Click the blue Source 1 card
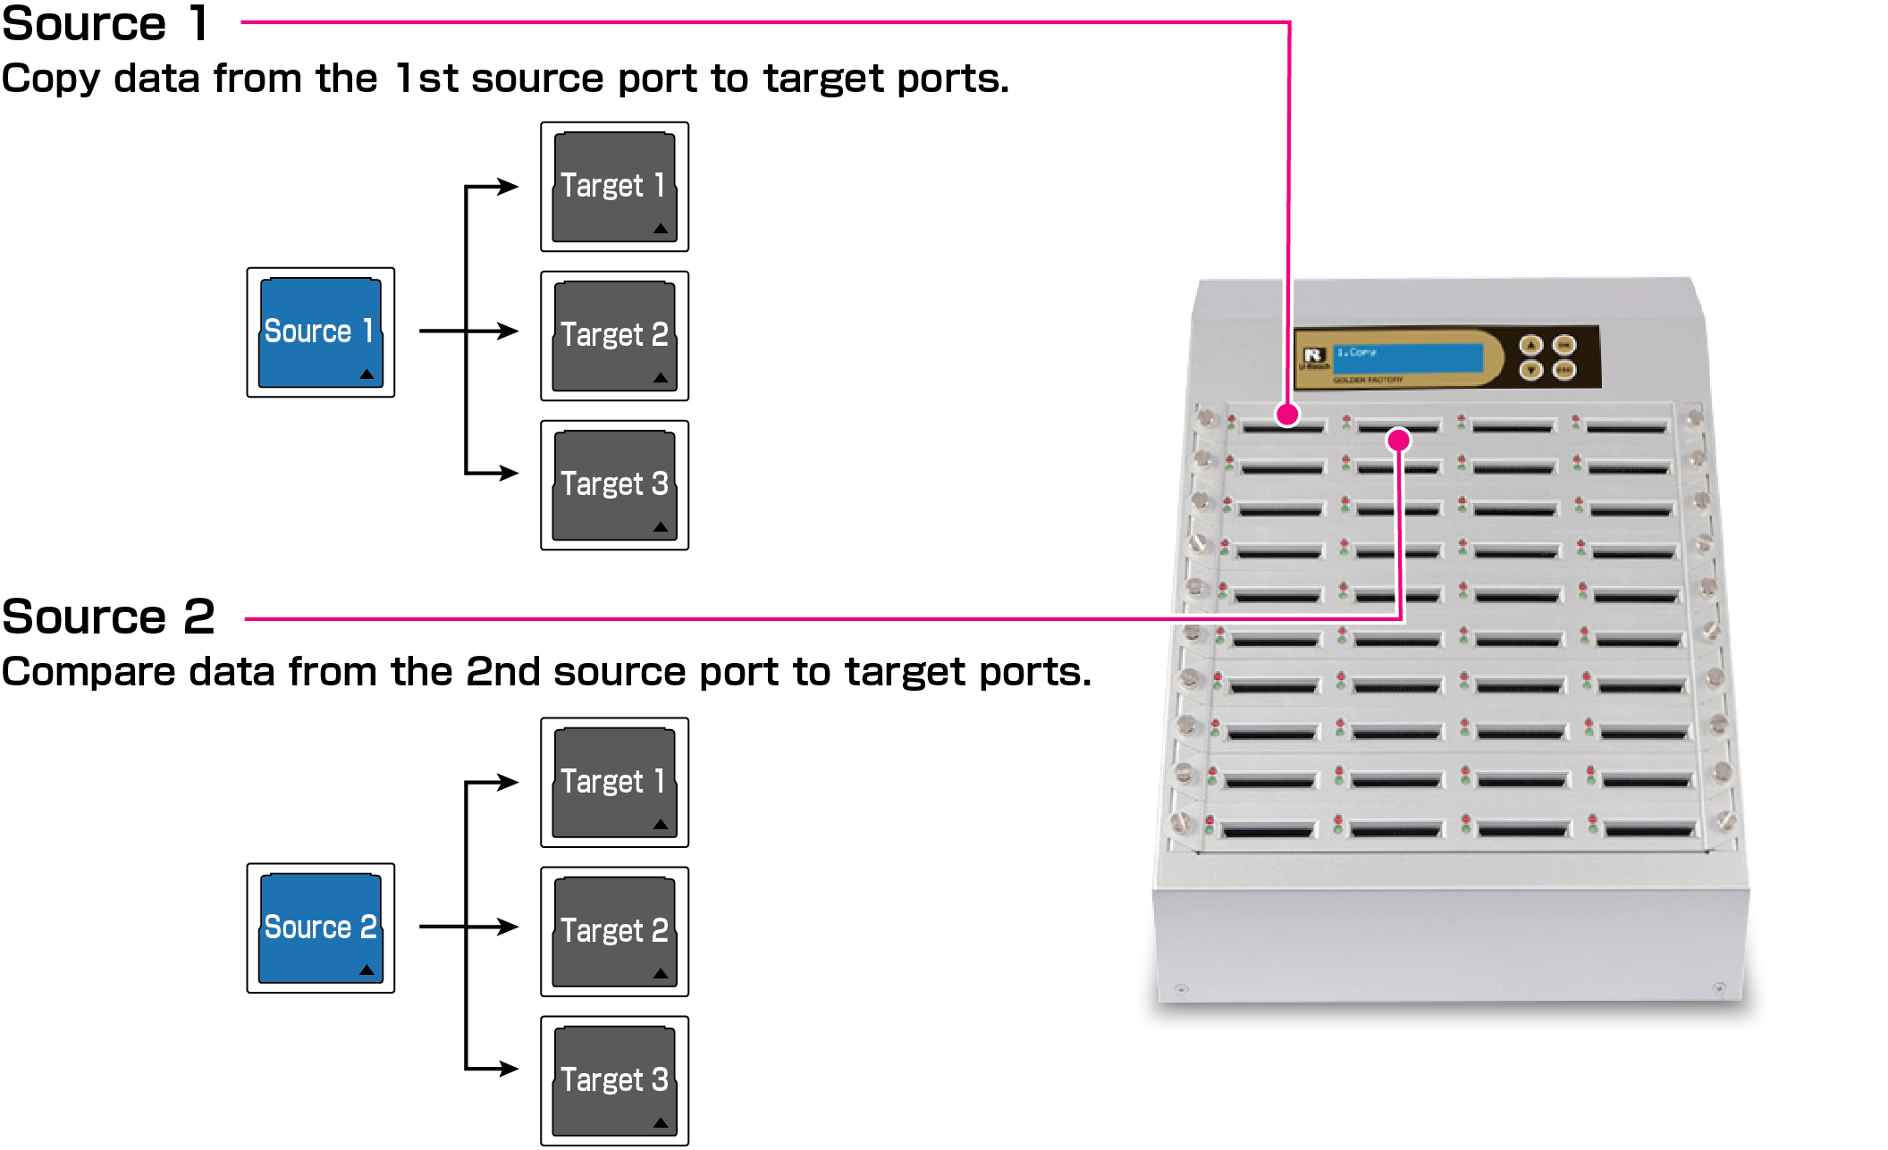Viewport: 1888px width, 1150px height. point(320,332)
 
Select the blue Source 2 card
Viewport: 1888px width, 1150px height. point(320,928)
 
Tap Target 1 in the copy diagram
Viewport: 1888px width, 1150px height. point(614,187)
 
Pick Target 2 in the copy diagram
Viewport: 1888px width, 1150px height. point(614,336)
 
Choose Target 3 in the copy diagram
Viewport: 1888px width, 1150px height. point(614,485)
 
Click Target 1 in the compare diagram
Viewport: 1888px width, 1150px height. point(614,783)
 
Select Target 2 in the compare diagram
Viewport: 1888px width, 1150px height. point(614,932)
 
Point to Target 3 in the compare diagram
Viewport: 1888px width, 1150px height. point(614,1081)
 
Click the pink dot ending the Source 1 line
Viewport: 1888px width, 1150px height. point(1287,415)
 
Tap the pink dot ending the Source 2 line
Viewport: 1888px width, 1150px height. point(1399,440)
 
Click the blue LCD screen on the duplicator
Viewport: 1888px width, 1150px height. point(1407,357)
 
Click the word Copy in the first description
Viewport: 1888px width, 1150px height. point(50,80)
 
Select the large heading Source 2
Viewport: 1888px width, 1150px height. point(108,617)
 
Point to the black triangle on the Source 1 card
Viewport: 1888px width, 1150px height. point(367,374)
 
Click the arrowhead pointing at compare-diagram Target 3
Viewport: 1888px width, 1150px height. point(509,1069)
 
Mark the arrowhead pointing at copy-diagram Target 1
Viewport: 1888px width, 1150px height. point(509,187)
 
